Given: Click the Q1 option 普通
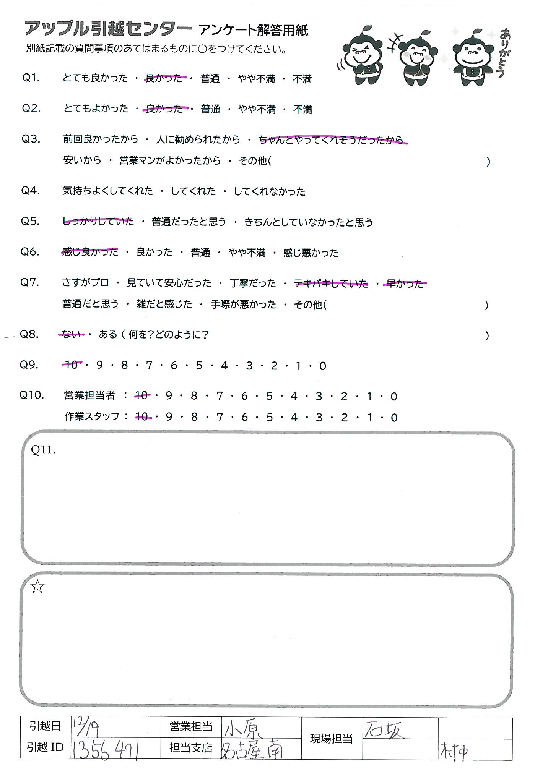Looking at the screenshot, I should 210,79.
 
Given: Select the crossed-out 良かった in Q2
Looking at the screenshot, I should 165,109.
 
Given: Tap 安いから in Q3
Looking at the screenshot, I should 82,160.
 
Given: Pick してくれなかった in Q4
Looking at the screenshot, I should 270,191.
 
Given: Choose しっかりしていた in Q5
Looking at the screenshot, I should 98,221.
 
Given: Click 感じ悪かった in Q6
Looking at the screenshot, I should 311,253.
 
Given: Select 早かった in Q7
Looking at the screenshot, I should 405,284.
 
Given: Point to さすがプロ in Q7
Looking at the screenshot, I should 85,283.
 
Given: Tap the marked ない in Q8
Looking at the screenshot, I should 72,335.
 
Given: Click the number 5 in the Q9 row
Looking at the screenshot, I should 199,366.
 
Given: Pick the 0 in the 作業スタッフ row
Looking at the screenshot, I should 394,418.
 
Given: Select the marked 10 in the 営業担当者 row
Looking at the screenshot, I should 141,396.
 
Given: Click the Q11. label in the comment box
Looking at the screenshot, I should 43,450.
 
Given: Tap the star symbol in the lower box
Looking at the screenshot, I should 37,587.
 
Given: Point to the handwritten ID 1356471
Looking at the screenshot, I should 106,749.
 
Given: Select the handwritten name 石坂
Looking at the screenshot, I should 384,729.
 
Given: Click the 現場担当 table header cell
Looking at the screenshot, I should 331,739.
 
